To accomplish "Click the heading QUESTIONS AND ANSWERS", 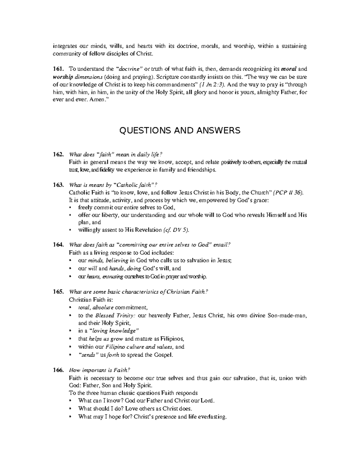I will coord(180,131).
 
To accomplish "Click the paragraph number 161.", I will coord(58,69).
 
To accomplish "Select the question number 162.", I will coord(58,155).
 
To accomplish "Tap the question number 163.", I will coord(58,185).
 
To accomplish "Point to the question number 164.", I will coord(58,245).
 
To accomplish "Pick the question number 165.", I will coord(58,292).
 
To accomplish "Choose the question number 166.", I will coord(58,370).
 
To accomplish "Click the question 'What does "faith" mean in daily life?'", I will coord(115,155).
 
